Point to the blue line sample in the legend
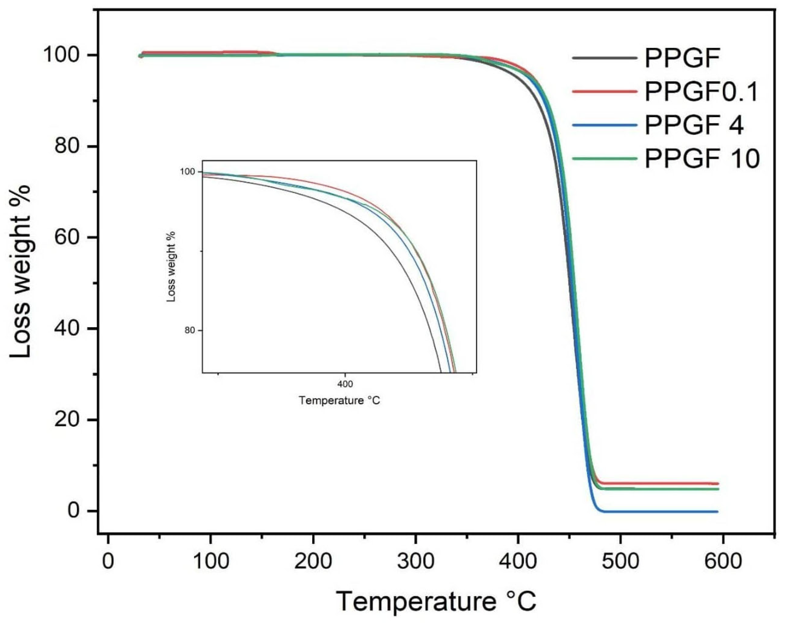(x=605, y=125)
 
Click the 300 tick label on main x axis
(x=415, y=561)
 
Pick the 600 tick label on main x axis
(x=723, y=561)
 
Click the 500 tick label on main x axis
(x=620, y=561)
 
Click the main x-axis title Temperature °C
(x=436, y=601)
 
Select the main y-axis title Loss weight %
(x=21, y=271)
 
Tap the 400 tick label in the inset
(x=345, y=384)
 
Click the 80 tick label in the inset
(x=190, y=331)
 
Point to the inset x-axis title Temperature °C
(x=339, y=401)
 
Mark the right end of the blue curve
(x=717, y=512)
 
